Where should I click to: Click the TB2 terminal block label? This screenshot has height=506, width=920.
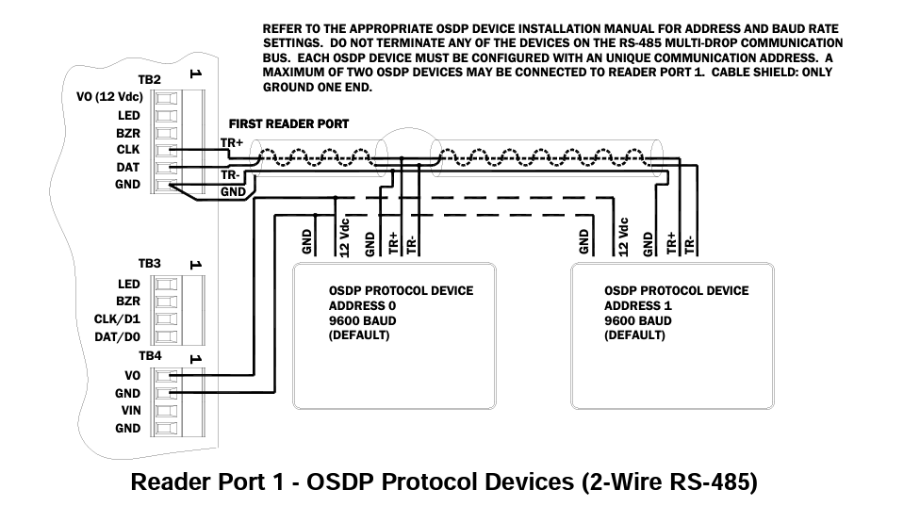click(x=150, y=81)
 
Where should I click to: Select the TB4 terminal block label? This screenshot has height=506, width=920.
click(x=150, y=355)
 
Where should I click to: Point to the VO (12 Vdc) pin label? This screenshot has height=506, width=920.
click(x=107, y=97)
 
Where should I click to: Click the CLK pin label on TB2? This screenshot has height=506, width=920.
click(x=128, y=149)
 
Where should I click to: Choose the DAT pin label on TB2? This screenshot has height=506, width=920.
click(x=128, y=167)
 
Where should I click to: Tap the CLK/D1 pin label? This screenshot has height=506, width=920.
click(x=117, y=318)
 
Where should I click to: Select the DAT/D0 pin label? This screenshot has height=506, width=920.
click(x=117, y=336)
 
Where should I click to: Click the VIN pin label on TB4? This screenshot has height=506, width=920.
click(x=130, y=411)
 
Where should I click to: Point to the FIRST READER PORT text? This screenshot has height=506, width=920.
click(x=288, y=123)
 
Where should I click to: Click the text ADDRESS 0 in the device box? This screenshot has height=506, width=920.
click(x=362, y=305)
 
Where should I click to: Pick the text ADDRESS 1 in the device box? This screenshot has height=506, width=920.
click(x=638, y=305)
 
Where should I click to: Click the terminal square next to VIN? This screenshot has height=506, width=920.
click(x=166, y=411)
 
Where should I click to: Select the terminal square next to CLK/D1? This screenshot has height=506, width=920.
click(x=166, y=319)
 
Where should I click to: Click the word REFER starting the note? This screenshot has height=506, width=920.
click(x=282, y=30)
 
